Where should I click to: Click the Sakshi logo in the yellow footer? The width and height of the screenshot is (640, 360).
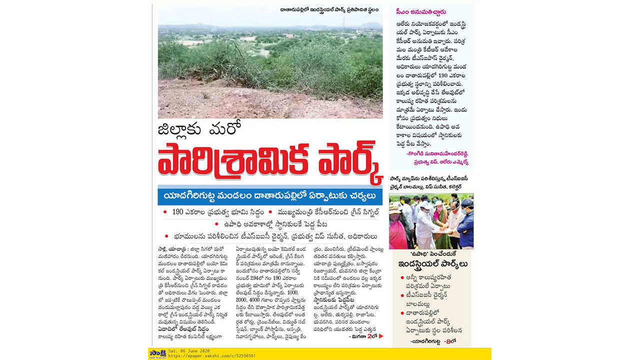pos(154,353)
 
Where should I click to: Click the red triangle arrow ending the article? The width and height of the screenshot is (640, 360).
pos(381,336)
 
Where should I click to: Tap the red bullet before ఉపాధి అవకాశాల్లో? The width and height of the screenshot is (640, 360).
pos(216,224)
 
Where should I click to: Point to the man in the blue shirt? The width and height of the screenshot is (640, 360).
pos(465,225)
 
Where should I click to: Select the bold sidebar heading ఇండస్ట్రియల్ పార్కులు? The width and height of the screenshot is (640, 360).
pos(433,264)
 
